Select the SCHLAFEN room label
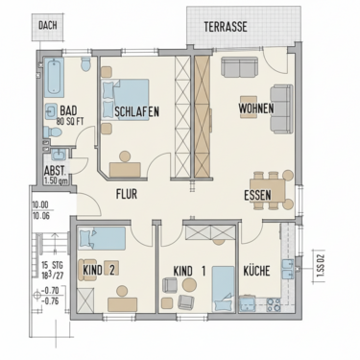coord(136,111)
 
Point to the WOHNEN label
coord(256,108)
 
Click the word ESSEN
coord(257,195)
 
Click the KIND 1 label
coord(190,270)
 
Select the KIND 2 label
coord(100,270)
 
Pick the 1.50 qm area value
coord(55,180)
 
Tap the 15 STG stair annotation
coord(50,264)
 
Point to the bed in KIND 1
coord(223,285)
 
